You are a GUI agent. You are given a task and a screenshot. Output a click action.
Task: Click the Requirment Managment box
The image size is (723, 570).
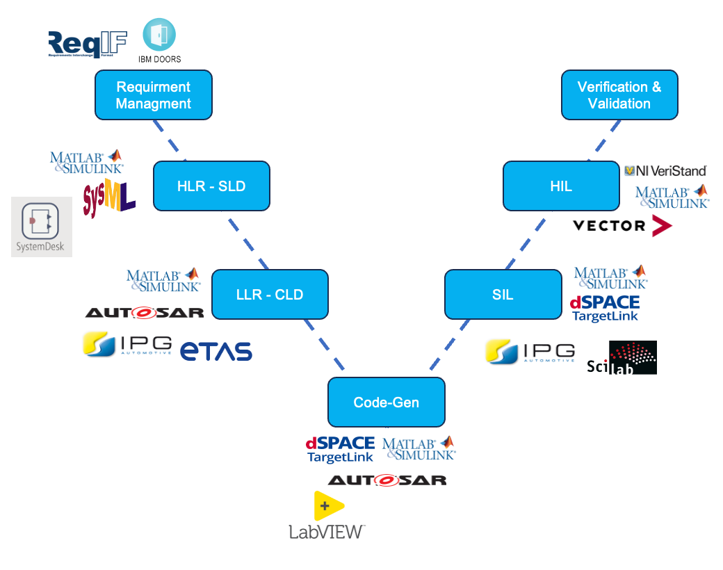pyautogui.click(x=153, y=95)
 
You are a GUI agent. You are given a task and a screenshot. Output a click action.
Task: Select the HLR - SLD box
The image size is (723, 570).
pyautogui.click(x=211, y=186)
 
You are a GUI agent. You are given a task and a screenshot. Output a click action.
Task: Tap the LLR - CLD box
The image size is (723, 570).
pyautogui.click(x=270, y=295)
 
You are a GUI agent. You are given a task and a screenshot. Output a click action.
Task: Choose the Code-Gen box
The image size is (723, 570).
pyautogui.click(x=386, y=402)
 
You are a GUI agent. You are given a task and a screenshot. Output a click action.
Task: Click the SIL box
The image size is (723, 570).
pyautogui.click(x=503, y=295)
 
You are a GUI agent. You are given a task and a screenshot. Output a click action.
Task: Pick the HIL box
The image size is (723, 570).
pyautogui.click(x=561, y=186)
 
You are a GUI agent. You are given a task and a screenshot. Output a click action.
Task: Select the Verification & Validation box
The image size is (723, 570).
pyautogui.click(x=619, y=95)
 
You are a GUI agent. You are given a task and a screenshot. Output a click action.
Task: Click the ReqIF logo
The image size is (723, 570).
pyautogui.click(x=88, y=44)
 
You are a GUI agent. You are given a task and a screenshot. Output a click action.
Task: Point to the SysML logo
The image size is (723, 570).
pyautogui.click(x=108, y=199)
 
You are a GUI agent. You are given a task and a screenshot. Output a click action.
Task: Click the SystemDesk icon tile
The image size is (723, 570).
pyautogui.click(x=41, y=227)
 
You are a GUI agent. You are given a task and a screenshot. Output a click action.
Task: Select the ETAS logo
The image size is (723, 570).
pyautogui.click(x=216, y=351)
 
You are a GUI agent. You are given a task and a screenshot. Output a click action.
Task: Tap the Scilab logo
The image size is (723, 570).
pyautogui.click(x=622, y=358)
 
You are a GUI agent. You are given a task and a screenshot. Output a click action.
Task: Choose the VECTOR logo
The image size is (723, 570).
pyautogui.click(x=622, y=225)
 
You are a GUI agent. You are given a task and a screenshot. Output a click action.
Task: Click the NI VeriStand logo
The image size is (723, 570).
pyautogui.click(x=665, y=170)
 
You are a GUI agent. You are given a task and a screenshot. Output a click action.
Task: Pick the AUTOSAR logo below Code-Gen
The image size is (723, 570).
pyautogui.click(x=387, y=480)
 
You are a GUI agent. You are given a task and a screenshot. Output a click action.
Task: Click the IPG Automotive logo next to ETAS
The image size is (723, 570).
pyautogui.click(x=127, y=344)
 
